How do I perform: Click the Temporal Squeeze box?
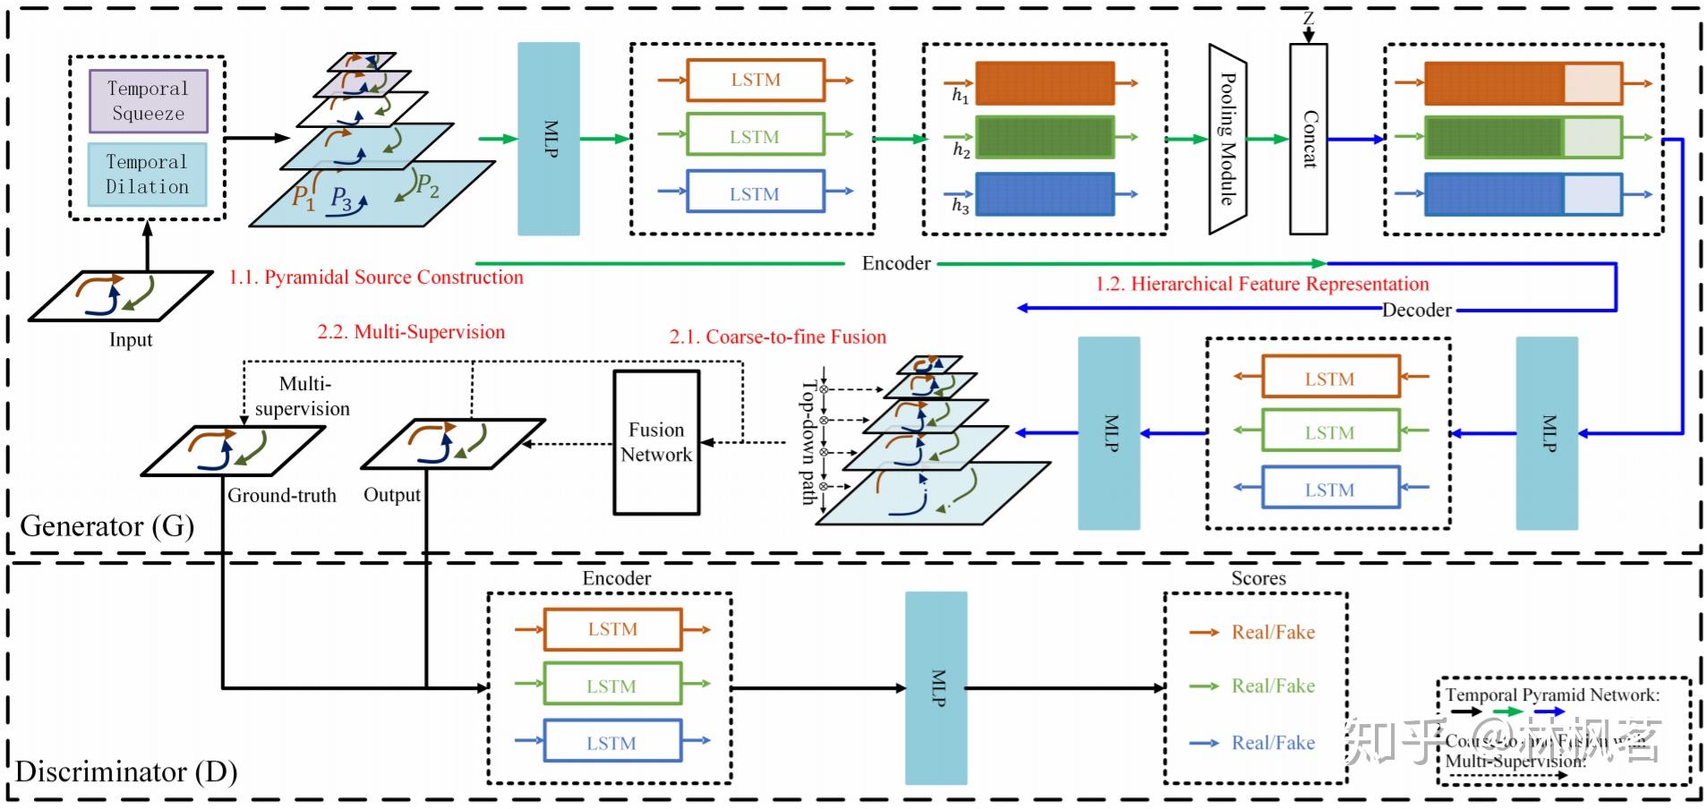click(149, 101)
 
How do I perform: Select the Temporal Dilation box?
click(148, 175)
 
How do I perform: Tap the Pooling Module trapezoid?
click(1227, 139)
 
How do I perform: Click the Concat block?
click(1308, 139)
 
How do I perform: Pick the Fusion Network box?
click(656, 442)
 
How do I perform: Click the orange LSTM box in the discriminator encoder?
click(612, 629)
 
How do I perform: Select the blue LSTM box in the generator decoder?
click(1329, 490)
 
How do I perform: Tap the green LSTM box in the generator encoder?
click(755, 136)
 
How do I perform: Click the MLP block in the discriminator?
click(936, 687)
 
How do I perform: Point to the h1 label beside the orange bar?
click(960, 95)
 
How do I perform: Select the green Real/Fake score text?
click(1273, 686)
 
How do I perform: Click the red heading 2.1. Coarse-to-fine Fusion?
click(777, 336)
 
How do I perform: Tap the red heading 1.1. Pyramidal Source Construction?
click(376, 277)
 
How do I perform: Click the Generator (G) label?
click(107, 525)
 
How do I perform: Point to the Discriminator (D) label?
click(126, 771)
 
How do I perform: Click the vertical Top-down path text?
click(809, 442)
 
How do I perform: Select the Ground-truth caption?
click(281, 495)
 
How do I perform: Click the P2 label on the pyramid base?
click(427, 186)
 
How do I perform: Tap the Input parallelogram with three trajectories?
click(121, 296)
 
